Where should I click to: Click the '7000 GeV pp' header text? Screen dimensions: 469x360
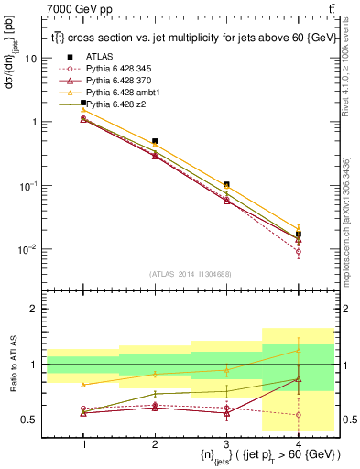click(x=73, y=9)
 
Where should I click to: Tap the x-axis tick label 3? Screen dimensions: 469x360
click(x=226, y=443)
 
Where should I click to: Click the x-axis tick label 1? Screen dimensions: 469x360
click(x=83, y=443)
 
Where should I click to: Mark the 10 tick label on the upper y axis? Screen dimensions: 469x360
click(x=31, y=58)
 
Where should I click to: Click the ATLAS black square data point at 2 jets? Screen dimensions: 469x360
click(x=155, y=141)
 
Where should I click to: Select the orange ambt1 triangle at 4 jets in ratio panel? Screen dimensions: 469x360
click(x=298, y=351)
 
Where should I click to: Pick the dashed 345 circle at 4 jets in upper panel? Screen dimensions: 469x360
click(x=298, y=251)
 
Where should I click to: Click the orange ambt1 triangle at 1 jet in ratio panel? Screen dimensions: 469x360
click(x=83, y=385)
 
